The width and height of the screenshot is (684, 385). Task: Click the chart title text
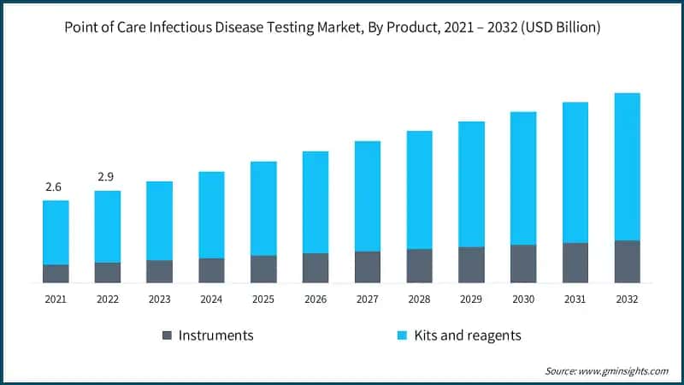tap(333, 27)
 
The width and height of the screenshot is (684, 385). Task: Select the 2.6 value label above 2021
tap(53, 187)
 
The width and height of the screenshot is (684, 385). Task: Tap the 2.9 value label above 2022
tap(105, 176)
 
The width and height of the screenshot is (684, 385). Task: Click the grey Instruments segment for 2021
tap(56, 274)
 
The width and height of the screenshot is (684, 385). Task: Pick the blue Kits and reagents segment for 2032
tap(627, 167)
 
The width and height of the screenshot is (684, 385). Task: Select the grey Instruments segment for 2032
tap(627, 262)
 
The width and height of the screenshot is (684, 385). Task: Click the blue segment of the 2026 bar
tap(315, 202)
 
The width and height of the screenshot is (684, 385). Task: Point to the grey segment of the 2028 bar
tap(419, 266)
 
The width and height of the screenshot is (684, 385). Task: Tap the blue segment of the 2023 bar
tap(159, 221)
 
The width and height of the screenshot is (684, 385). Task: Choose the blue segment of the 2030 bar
tap(523, 178)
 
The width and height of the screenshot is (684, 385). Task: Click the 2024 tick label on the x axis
tap(211, 299)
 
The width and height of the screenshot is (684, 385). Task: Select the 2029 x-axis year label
tap(471, 299)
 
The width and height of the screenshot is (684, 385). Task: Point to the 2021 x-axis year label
tap(56, 299)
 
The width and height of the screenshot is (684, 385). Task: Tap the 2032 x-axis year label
tap(627, 299)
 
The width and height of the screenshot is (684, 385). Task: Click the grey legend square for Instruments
tap(167, 335)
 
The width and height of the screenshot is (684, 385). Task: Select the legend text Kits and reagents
tap(469, 335)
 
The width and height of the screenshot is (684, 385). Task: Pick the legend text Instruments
tap(216, 335)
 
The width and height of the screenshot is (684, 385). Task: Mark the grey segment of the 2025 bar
tap(263, 269)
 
